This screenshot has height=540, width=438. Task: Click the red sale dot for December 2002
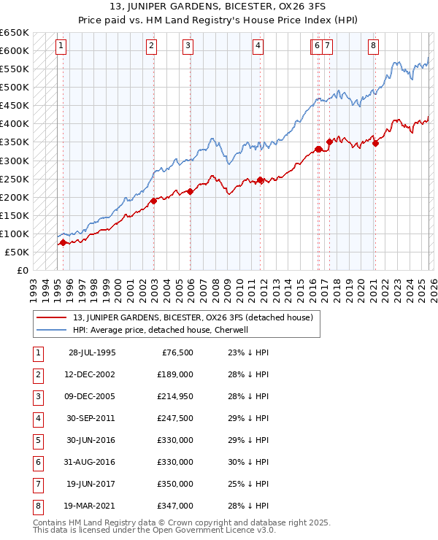point(153,201)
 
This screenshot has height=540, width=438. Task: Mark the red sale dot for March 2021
point(375,143)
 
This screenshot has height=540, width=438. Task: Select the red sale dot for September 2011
point(260,180)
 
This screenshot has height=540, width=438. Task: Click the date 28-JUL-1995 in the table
point(92,352)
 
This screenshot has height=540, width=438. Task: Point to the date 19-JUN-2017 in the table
point(92,484)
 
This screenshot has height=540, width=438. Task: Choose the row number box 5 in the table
point(36,440)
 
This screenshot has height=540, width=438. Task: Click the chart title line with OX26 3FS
point(219,8)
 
